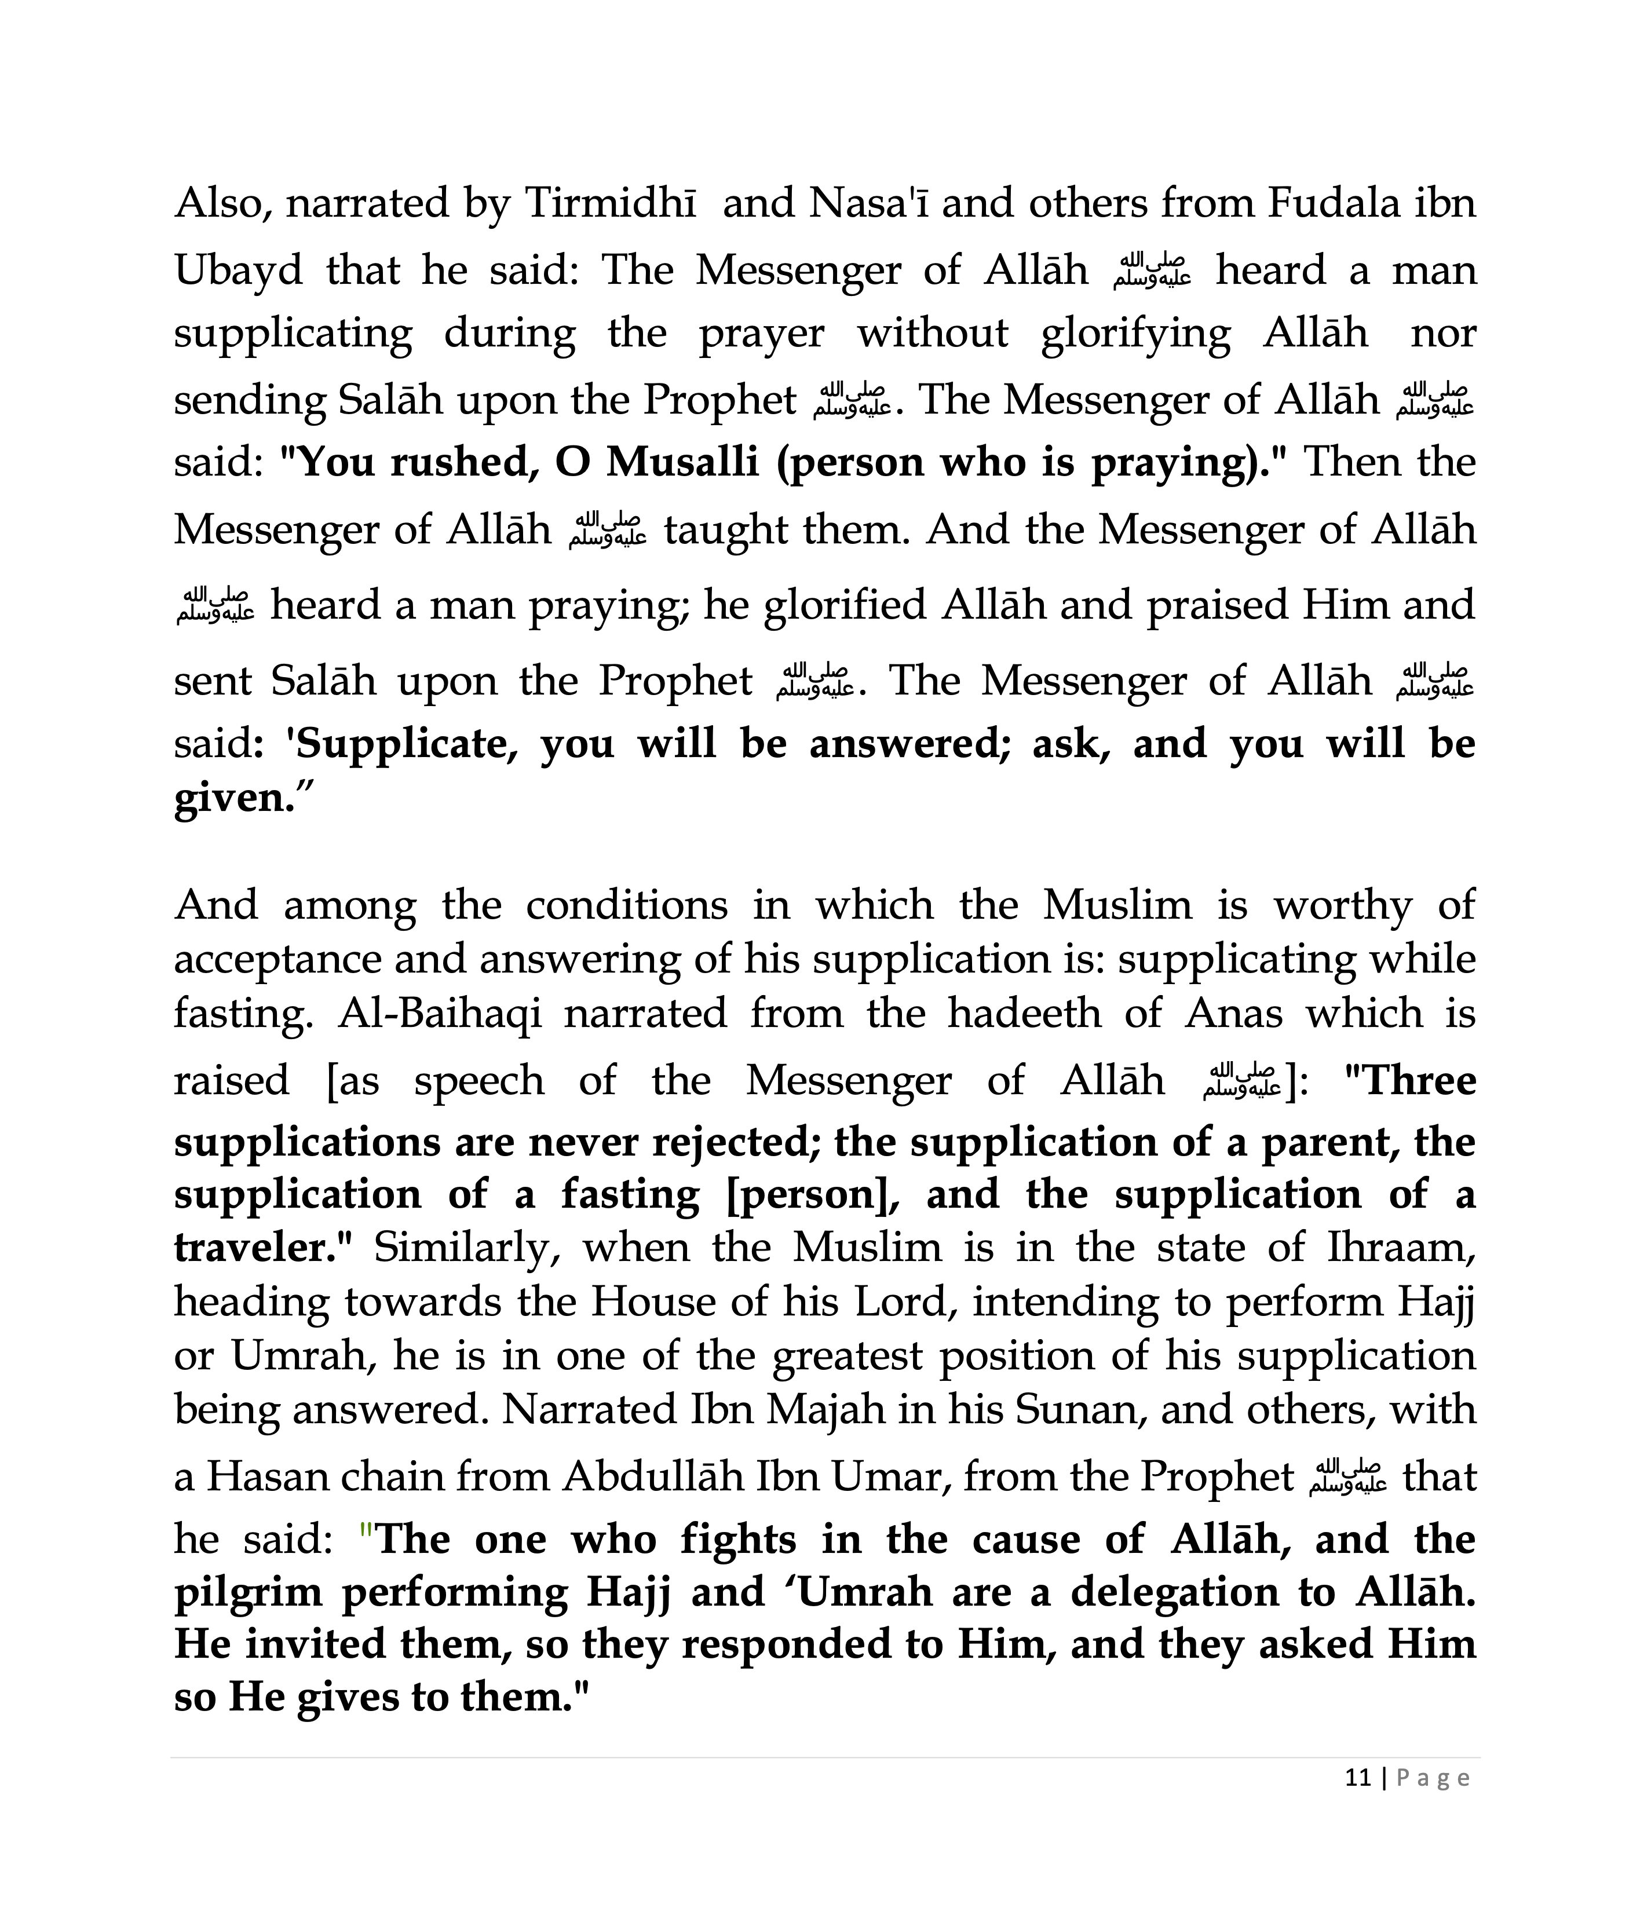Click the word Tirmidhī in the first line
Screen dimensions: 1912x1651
(x=610, y=203)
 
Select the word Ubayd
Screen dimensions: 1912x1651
(x=238, y=270)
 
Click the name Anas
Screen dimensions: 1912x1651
(x=1234, y=1013)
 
